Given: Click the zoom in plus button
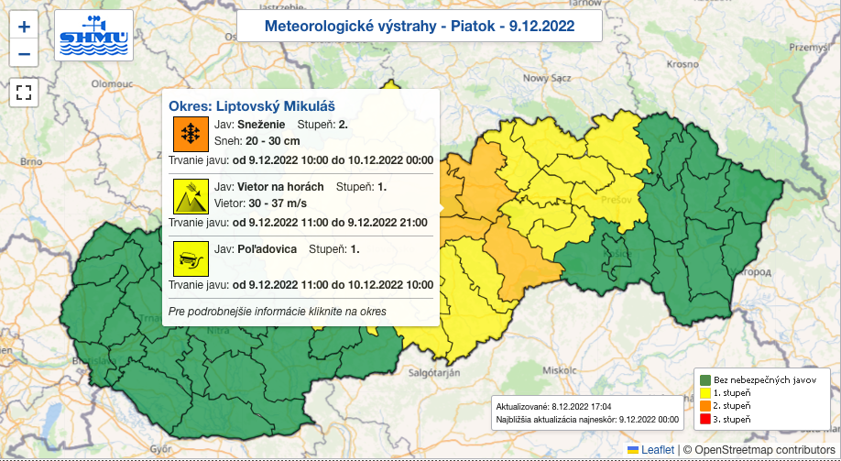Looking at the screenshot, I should point(24,27).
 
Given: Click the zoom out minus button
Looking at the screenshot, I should point(24,53).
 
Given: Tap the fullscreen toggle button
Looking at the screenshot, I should point(24,92).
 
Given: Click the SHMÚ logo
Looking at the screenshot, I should point(93,35).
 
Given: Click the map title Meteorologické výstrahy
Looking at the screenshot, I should point(419,26).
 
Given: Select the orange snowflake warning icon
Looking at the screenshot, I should point(191,134).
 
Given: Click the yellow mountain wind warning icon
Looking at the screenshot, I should point(191,196).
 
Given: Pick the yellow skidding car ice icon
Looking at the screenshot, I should point(191,258).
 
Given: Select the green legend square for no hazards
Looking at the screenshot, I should point(704,379).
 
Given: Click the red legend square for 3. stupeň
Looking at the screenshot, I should point(704,419).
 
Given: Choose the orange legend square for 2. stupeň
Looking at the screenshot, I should point(704,406).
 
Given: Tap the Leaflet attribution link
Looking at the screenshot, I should point(656,449).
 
